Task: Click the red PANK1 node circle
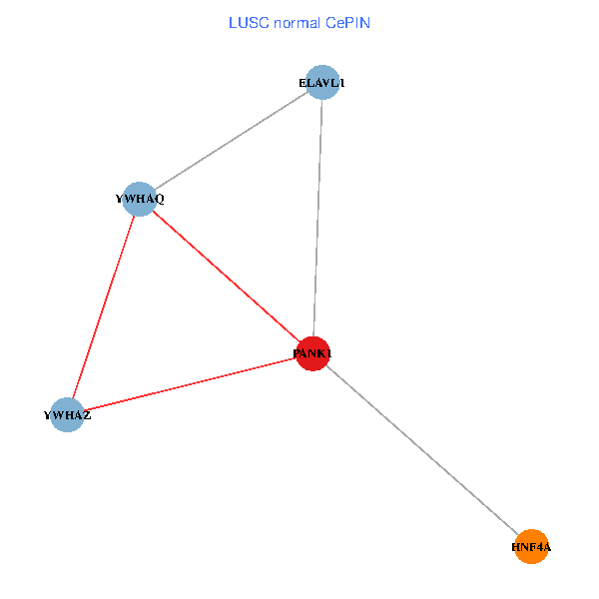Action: coord(313,353)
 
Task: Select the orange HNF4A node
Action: coord(532,547)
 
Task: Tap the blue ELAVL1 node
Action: coord(322,83)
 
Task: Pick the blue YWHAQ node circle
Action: coord(140,199)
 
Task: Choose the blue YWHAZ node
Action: coord(68,414)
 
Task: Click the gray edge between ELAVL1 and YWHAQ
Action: coord(231,141)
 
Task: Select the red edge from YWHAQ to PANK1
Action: coord(227,277)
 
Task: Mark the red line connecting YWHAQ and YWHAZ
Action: coord(104,306)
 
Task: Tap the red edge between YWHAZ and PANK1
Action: coord(191,384)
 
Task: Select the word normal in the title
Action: coord(296,23)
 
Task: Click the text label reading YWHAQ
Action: coord(140,199)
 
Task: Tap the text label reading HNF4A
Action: coord(531,547)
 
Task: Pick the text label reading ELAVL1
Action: coord(321,83)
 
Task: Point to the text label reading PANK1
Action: coord(312,353)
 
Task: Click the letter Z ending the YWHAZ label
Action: coord(87,415)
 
